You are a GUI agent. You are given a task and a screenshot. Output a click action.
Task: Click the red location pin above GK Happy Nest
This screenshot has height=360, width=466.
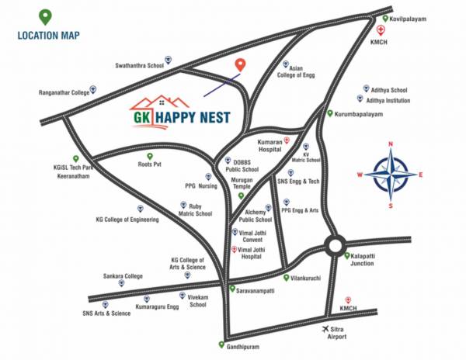point(241,65)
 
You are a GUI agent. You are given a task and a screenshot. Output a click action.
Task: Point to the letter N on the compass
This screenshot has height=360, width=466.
point(391,144)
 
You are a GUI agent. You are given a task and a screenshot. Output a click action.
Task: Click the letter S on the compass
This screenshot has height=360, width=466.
point(391,206)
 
